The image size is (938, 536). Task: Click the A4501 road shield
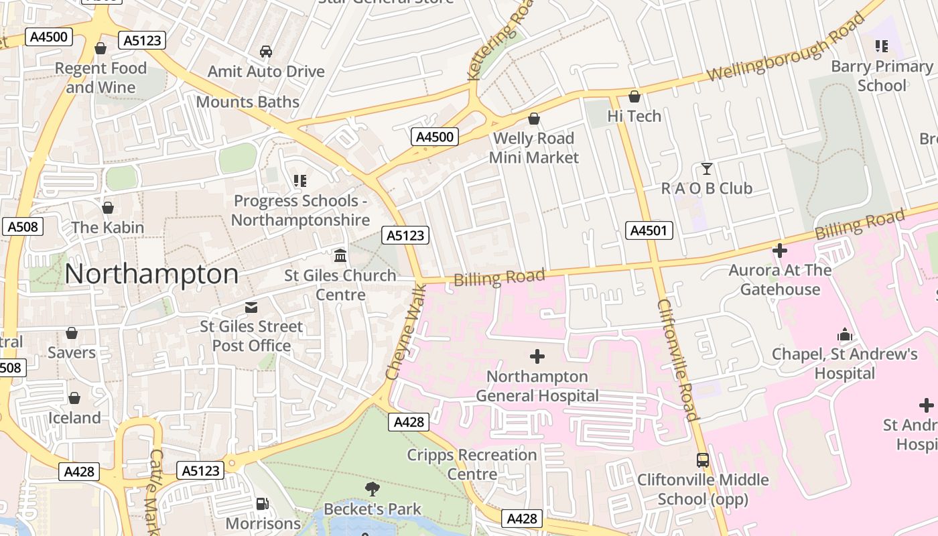pos(649,230)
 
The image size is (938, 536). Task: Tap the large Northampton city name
pos(151,275)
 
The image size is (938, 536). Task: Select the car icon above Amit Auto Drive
pos(266,52)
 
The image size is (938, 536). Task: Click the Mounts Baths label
pos(248,102)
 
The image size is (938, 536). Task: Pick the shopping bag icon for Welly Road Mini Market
pos(534,119)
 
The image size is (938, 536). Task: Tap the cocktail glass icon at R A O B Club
pos(706,168)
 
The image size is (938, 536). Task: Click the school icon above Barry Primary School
pos(882,46)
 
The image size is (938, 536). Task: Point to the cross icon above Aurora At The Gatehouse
pos(780,251)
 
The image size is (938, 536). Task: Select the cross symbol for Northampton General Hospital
pos(537,356)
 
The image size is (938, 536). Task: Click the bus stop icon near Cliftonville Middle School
pos(703,460)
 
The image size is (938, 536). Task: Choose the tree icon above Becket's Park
pos(373,489)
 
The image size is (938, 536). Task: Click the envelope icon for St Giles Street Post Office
pos(251,307)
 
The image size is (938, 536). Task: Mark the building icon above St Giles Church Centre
pos(340,256)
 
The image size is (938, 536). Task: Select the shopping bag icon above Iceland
pos(74,398)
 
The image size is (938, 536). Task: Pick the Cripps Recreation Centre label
pos(472,464)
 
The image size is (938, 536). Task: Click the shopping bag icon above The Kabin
pos(108,208)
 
